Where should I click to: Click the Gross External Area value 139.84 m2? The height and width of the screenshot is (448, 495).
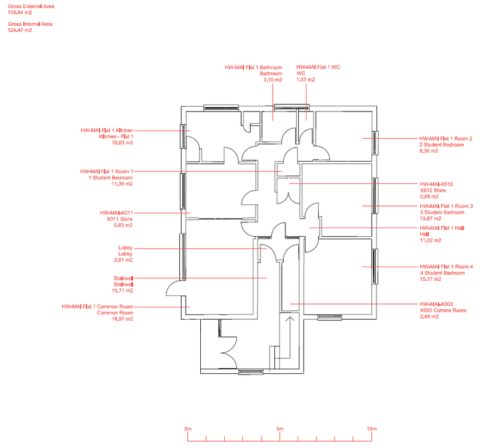(x=20, y=13)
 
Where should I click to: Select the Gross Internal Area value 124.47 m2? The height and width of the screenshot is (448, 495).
(x=20, y=30)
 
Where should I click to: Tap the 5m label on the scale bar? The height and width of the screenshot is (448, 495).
(x=280, y=429)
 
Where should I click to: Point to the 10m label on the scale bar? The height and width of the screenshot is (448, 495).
(x=372, y=429)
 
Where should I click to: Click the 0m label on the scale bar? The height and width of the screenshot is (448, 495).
(x=188, y=429)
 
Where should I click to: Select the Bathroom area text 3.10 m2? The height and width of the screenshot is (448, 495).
(x=273, y=80)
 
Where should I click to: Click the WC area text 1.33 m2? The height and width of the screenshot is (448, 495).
(x=306, y=79)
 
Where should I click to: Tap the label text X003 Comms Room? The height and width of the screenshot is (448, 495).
(x=443, y=310)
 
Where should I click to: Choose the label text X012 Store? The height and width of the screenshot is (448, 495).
(x=433, y=191)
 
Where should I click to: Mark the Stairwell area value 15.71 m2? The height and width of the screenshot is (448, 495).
(x=123, y=291)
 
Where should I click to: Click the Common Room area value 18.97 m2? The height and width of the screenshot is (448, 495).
(x=123, y=319)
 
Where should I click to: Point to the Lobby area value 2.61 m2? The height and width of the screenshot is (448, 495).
(x=123, y=260)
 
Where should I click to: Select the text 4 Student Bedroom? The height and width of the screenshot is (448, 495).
(x=442, y=273)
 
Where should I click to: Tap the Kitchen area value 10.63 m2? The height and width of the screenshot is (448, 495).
(x=123, y=143)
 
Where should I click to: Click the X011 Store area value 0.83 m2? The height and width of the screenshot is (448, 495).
(x=123, y=225)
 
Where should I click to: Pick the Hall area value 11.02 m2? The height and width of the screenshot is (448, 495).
(x=430, y=240)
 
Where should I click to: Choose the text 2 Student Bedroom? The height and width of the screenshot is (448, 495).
(x=442, y=145)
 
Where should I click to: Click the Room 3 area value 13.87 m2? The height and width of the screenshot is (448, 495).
(x=430, y=219)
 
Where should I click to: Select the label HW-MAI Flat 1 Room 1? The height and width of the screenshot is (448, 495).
(x=107, y=171)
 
